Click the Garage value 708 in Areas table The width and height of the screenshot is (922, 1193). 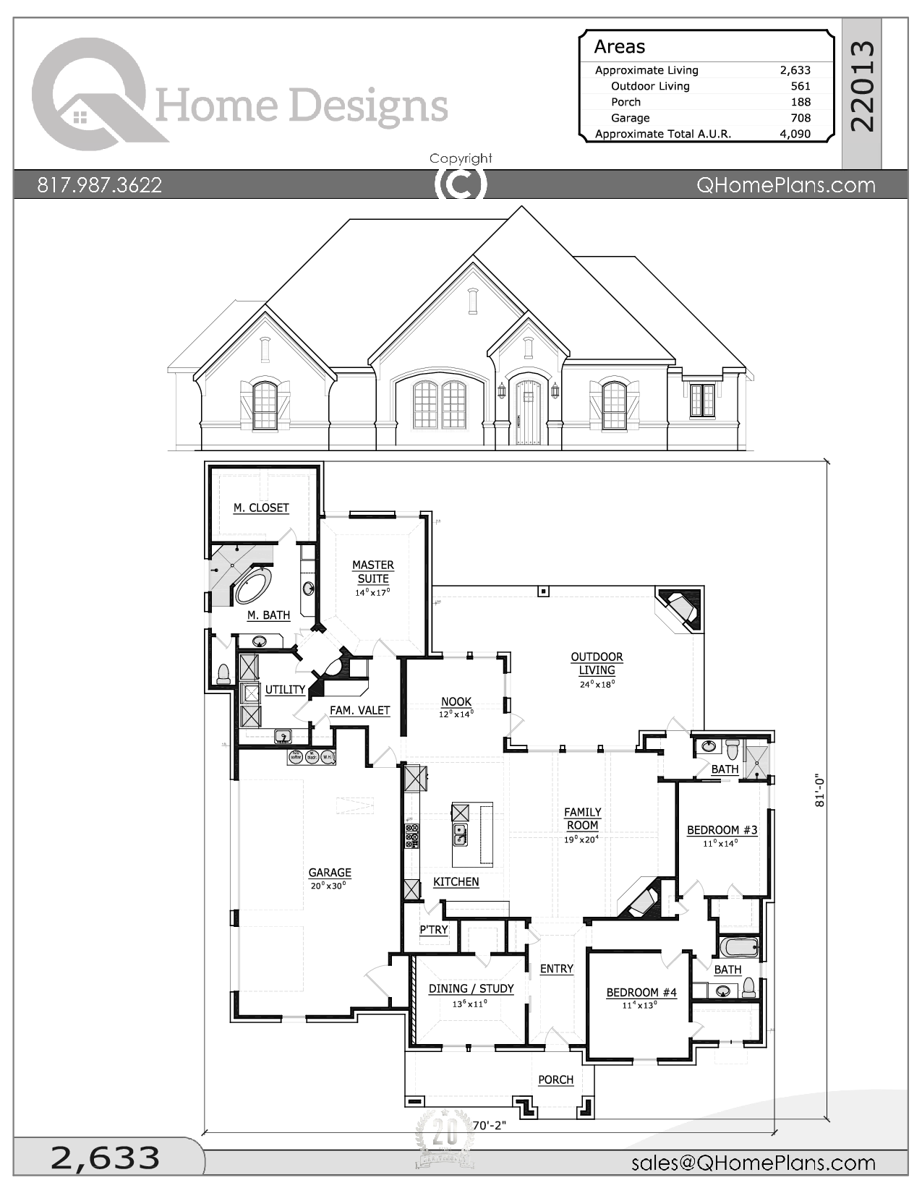click(x=800, y=118)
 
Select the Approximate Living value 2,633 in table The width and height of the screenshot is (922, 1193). click(x=795, y=70)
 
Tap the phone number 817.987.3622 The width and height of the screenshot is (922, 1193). click(x=100, y=185)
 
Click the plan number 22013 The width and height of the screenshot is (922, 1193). click(x=862, y=86)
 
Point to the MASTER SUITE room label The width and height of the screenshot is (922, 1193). click(x=372, y=572)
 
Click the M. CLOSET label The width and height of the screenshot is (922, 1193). click(x=261, y=508)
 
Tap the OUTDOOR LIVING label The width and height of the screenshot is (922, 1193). click(x=597, y=663)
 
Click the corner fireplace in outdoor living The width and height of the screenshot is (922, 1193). click(x=680, y=609)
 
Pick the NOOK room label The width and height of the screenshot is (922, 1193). click(x=456, y=701)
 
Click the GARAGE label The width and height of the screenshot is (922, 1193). click(x=330, y=873)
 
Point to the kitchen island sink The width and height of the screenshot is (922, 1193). click(x=460, y=834)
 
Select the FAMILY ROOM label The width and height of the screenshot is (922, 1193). click(x=582, y=818)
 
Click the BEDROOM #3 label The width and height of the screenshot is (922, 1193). click(x=722, y=830)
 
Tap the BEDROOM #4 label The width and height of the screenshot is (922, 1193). click(x=641, y=993)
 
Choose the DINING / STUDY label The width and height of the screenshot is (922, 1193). click(x=471, y=988)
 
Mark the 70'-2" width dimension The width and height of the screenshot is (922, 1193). click(x=490, y=1126)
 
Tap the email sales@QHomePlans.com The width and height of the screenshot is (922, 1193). click(x=753, y=1163)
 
